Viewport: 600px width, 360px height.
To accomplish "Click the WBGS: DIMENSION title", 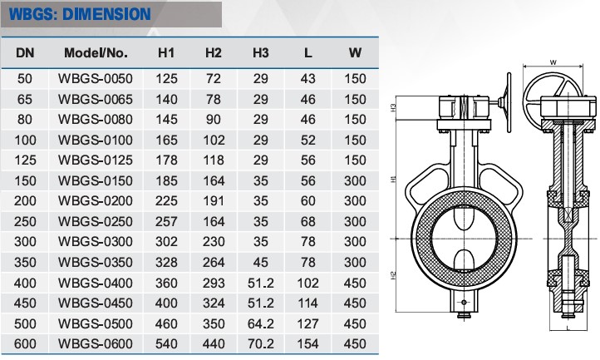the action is (x=80, y=15).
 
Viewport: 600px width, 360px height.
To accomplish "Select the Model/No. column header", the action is (x=96, y=53).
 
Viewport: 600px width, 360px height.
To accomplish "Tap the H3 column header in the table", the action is (x=261, y=53).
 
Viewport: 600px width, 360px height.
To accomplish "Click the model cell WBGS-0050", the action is (x=96, y=78).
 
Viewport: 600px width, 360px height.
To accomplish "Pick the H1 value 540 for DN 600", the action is (x=166, y=343).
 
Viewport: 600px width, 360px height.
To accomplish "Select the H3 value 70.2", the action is (x=261, y=343).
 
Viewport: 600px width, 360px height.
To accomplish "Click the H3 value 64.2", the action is (x=261, y=323).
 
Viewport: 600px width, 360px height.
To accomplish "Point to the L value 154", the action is (x=308, y=343).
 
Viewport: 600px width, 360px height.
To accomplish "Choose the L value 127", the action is (x=308, y=323).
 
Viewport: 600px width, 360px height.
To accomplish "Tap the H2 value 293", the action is (x=214, y=283).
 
